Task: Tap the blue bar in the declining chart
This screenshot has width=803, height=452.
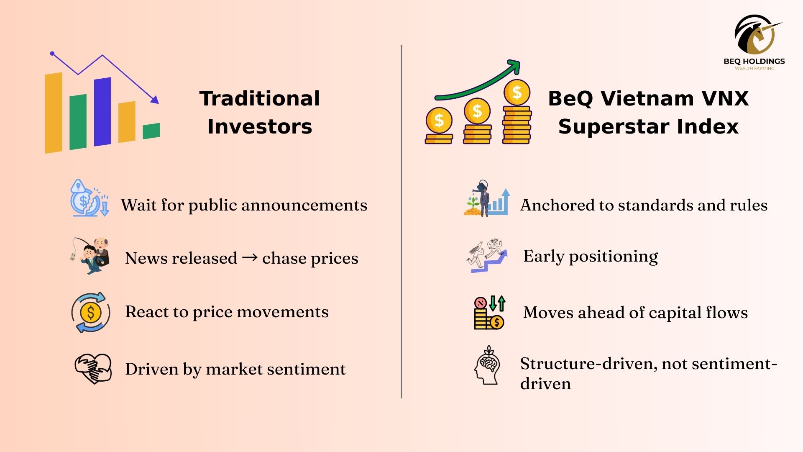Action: click(102, 112)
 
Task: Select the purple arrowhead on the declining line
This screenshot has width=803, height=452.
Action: click(155, 99)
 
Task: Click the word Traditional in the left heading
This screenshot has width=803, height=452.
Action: click(260, 98)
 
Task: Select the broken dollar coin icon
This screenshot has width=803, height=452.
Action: click(90, 198)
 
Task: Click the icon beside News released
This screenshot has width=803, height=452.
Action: click(91, 256)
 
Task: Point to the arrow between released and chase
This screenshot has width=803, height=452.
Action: click(250, 257)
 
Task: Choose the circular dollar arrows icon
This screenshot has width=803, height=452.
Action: click(91, 312)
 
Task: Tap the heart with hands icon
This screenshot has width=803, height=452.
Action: click(93, 369)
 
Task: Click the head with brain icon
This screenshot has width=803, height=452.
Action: click(488, 365)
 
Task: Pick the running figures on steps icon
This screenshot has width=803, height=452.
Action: click(487, 256)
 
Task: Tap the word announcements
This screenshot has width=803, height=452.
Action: click(299, 205)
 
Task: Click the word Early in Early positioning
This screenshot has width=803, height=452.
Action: click(544, 256)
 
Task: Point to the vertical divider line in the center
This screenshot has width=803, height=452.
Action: click(401, 222)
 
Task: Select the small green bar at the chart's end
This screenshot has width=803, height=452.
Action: click(151, 131)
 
